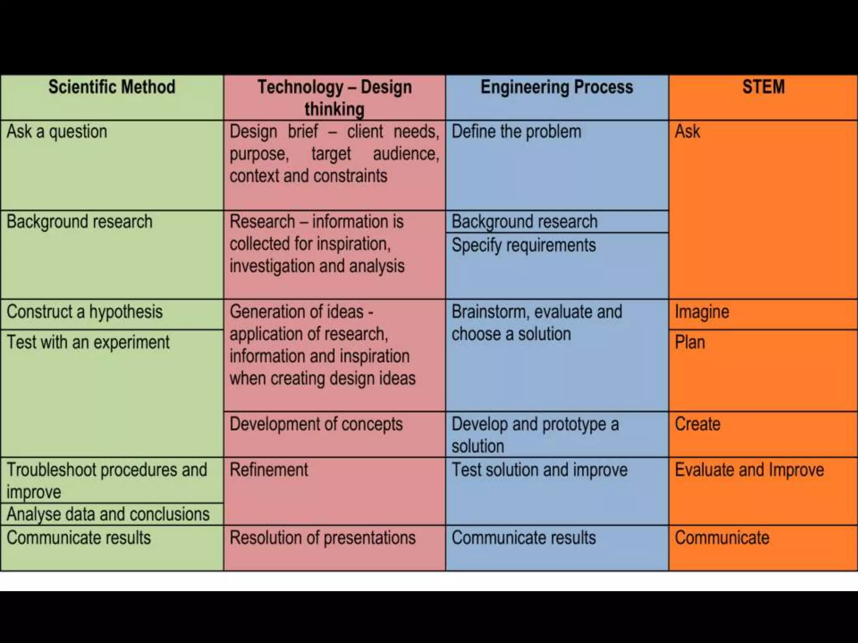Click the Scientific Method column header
tap(111, 87)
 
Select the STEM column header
tap(763, 87)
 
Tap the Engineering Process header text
tap(557, 87)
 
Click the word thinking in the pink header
tap(334, 109)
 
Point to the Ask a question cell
tap(57, 132)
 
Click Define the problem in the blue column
tap(516, 132)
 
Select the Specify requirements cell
tap(523, 245)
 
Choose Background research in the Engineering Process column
tap(524, 221)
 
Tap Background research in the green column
tap(79, 221)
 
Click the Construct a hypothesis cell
tap(85, 312)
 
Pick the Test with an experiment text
tap(88, 342)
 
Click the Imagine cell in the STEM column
tap(702, 312)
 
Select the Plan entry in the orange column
tap(690, 342)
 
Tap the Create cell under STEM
tap(698, 424)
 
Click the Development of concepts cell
tap(316, 424)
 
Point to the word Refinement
tap(269, 470)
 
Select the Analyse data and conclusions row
tap(108, 514)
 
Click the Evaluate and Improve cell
tap(749, 470)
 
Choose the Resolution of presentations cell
tap(322, 538)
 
